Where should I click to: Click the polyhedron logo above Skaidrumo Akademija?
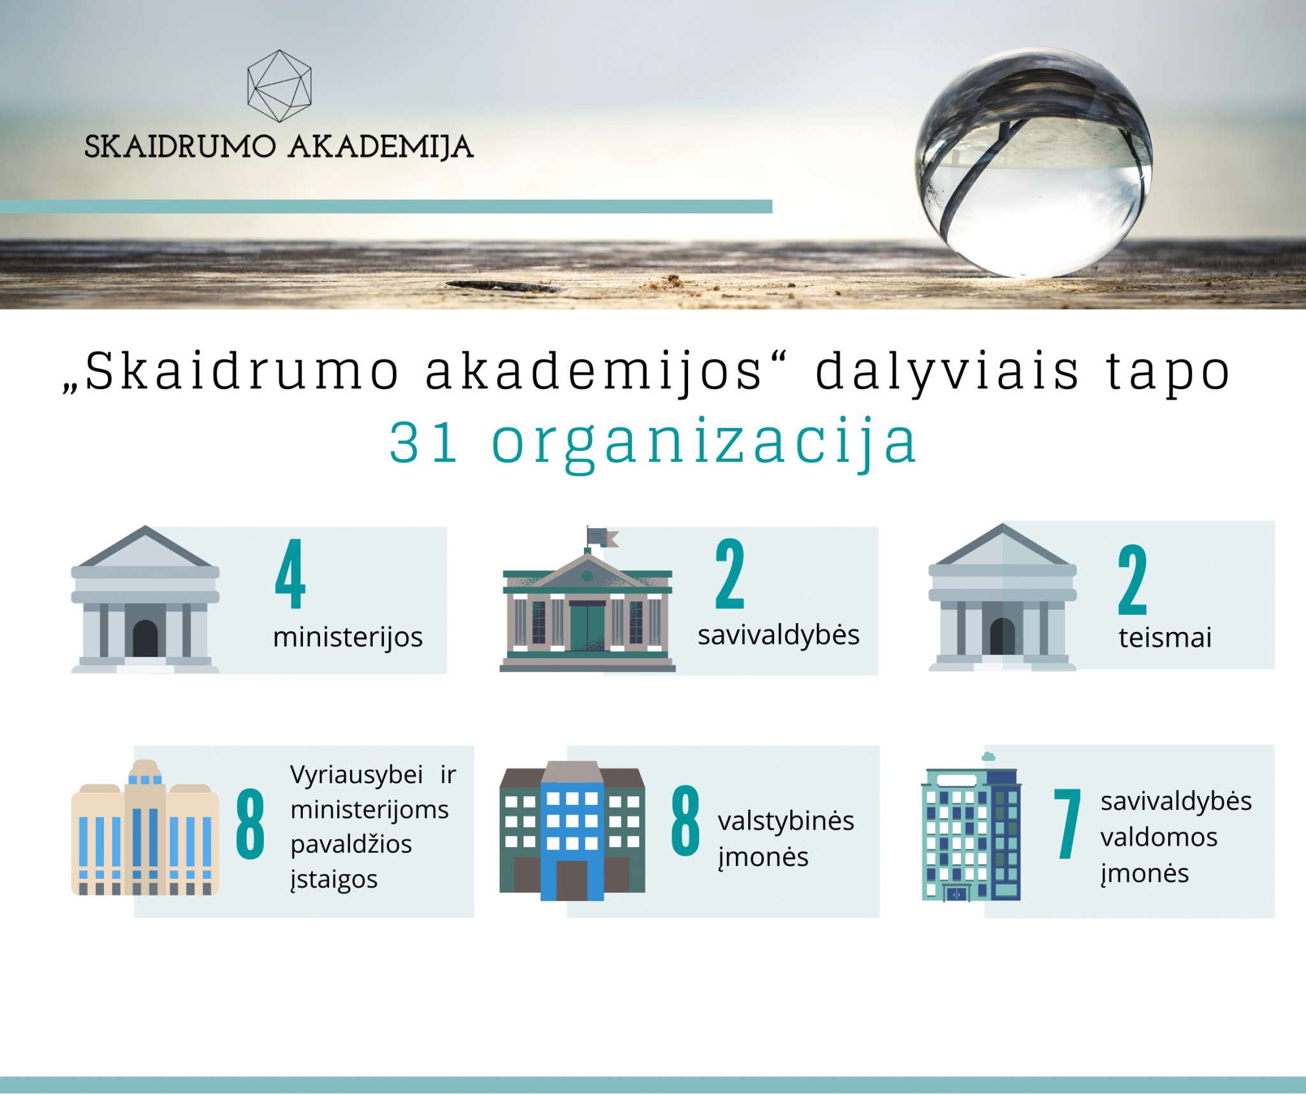[x=279, y=86]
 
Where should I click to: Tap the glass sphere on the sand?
[x=1033, y=163]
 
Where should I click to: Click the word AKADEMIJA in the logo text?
[x=381, y=147]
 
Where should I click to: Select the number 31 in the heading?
[x=423, y=441]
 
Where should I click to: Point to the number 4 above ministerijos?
[x=290, y=573]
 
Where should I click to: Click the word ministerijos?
[x=348, y=637]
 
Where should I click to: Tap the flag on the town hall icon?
[x=602, y=537]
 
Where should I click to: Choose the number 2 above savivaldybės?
[x=730, y=573]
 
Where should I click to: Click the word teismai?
[x=1165, y=638]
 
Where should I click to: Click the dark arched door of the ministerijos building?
[x=145, y=638]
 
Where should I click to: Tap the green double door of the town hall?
[x=587, y=626]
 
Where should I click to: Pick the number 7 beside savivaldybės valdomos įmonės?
[x=1067, y=823]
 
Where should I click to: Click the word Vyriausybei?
[x=356, y=775]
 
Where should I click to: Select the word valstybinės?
[x=786, y=821]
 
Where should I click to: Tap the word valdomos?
[x=1159, y=837]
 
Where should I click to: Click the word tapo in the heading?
[x=1168, y=373]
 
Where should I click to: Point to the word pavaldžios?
[x=351, y=844]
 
